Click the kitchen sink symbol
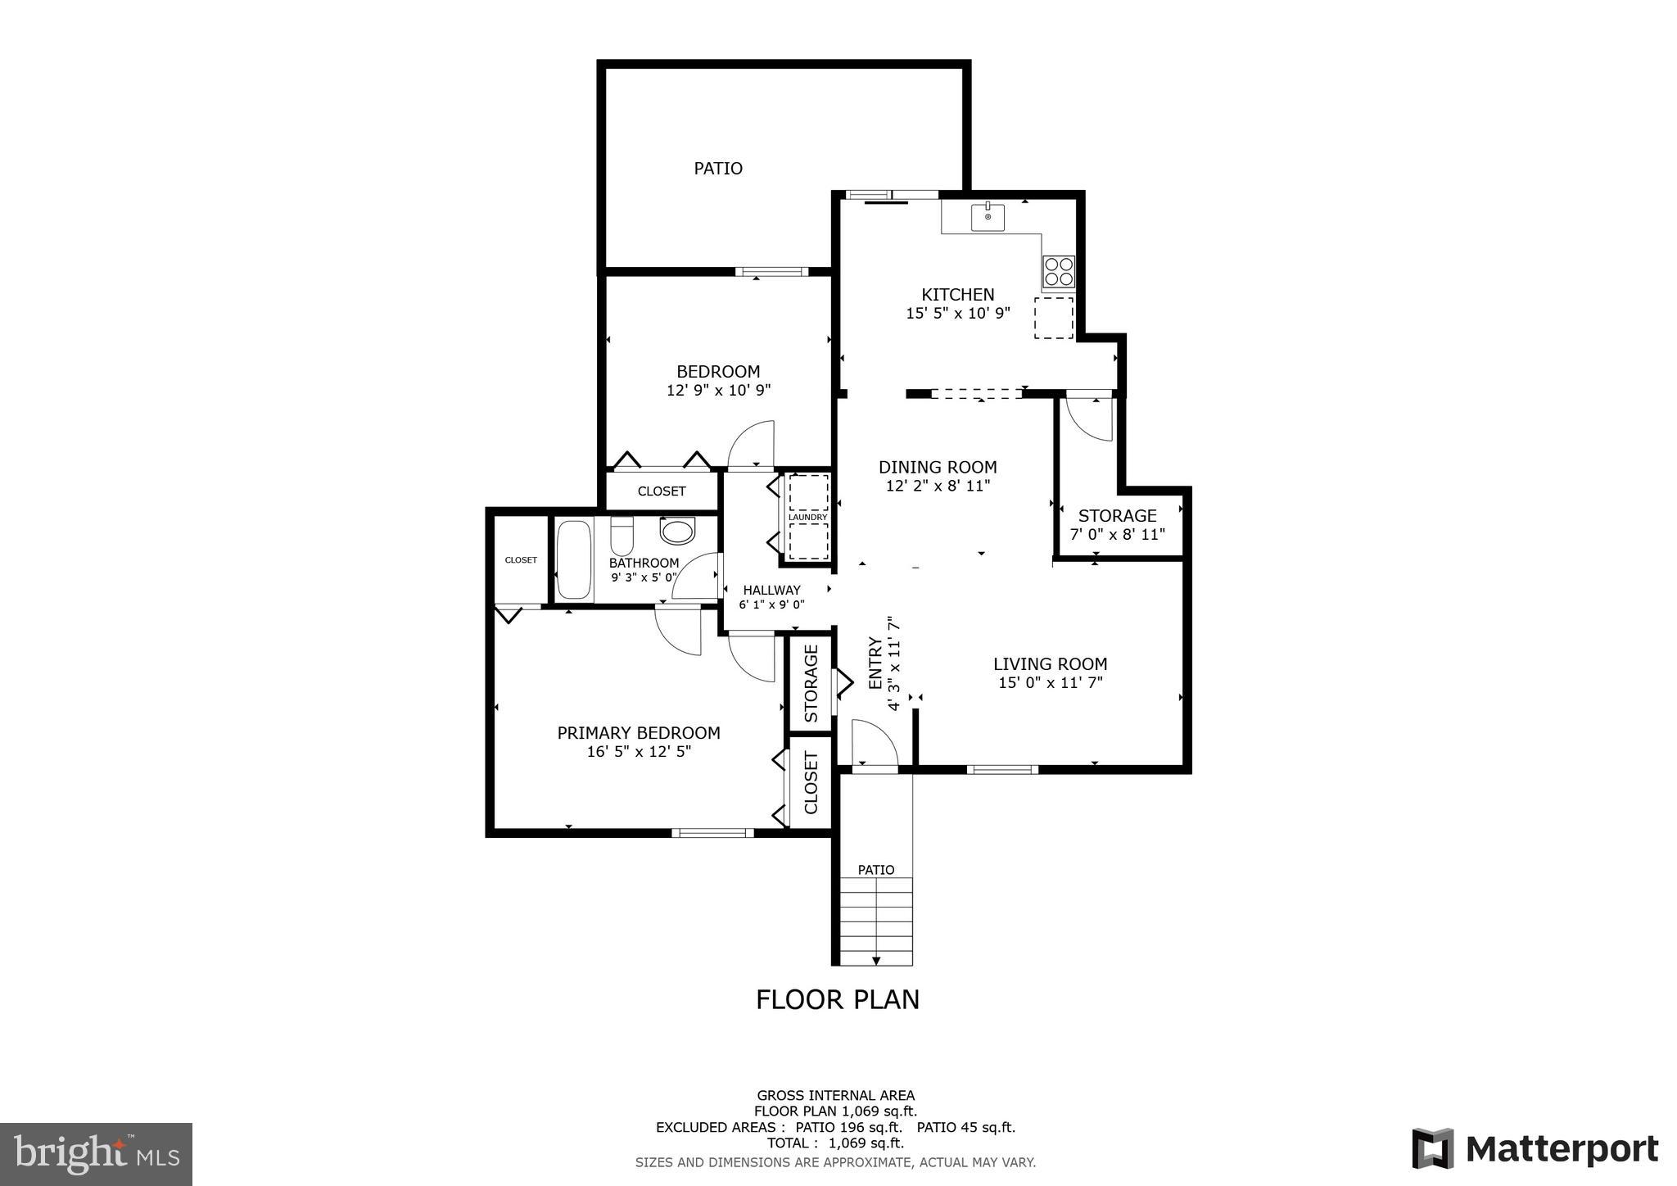[x=988, y=218]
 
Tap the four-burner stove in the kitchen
[x=1059, y=272]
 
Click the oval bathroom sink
[x=677, y=532]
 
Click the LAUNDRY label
[x=807, y=517]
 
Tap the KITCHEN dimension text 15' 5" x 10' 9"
[x=958, y=313]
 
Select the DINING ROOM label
[x=938, y=467]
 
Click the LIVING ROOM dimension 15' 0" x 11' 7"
[x=1050, y=682]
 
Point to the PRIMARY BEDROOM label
[x=639, y=733]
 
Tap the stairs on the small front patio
[x=876, y=921]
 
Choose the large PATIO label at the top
[x=718, y=169]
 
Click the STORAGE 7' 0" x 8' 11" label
[x=1117, y=525]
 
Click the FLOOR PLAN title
[x=837, y=999]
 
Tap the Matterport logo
[x=1535, y=1149]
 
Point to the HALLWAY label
[x=771, y=590]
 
